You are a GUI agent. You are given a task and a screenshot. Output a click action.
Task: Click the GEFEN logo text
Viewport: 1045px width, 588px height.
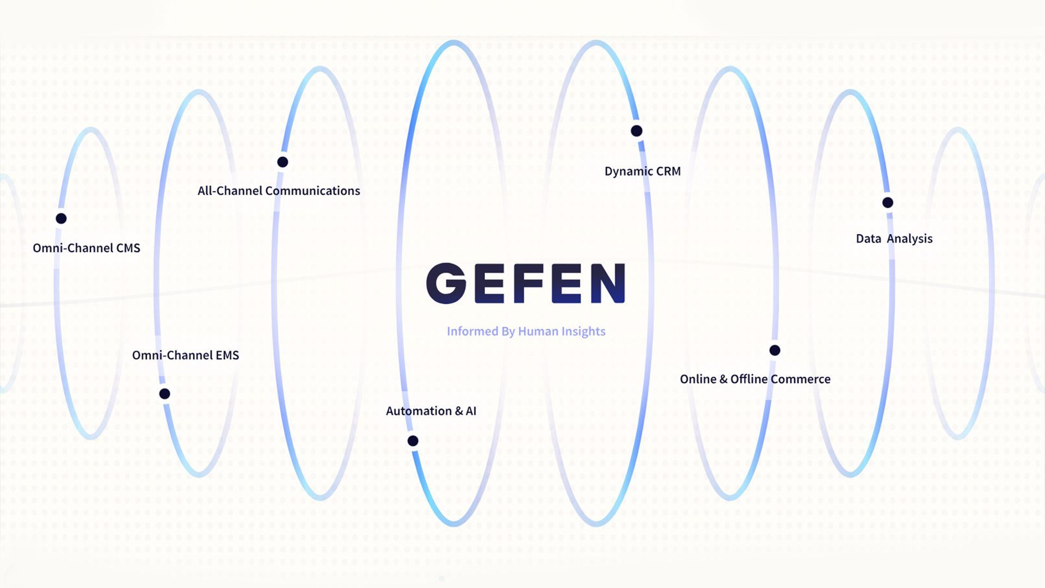tap(525, 283)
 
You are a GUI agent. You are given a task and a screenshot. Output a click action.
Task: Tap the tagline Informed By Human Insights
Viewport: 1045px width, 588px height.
tap(526, 331)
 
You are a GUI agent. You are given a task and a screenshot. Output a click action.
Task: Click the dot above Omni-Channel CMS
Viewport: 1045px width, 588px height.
tap(61, 218)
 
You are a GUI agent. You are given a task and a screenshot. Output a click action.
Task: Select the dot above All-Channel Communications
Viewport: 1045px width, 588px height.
tap(282, 162)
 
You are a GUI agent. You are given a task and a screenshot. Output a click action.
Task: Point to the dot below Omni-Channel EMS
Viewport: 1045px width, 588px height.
tap(164, 394)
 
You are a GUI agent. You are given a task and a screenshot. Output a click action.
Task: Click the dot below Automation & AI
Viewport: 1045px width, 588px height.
tap(413, 440)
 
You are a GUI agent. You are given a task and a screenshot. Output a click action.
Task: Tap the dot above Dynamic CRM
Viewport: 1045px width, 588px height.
tap(636, 131)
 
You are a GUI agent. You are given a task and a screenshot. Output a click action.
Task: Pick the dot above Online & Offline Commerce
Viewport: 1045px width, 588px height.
tap(774, 350)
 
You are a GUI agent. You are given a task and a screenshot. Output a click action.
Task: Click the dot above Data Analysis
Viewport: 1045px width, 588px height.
tap(888, 203)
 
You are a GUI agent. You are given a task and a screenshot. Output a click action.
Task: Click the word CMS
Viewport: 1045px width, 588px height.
tap(128, 248)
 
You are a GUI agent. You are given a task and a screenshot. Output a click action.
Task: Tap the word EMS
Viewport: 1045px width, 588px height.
tap(227, 356)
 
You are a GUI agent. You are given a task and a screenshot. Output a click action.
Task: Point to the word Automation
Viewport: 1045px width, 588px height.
tap(419, 411)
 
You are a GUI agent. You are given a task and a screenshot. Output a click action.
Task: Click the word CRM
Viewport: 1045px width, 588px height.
tap(668, 171)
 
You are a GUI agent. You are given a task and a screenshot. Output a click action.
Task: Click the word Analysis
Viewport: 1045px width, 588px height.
tap(909, 239)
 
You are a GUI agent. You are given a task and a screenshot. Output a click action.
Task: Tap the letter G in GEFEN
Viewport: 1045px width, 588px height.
tap(446, 283)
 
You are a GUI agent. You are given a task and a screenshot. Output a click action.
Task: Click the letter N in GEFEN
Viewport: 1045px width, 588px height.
tap(607, 283)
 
